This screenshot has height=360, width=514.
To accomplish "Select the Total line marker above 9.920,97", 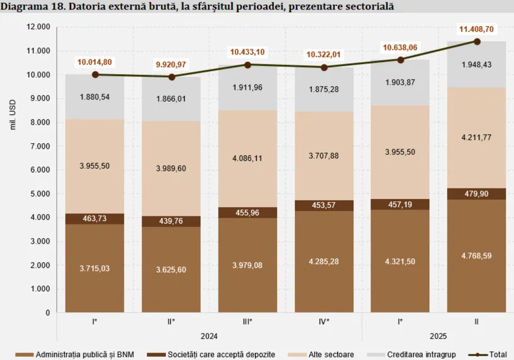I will click(172, 77).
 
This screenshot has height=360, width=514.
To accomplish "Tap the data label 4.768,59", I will click(476, 256).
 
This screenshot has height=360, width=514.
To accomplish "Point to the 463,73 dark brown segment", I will click(95, 219).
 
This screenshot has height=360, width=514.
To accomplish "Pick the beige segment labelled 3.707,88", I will click(324, 156).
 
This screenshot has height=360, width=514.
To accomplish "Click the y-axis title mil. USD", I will click(13, 115).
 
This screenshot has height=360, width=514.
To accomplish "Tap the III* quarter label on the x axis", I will click(247, 322).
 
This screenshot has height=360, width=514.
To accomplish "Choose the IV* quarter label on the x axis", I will click(324, 322).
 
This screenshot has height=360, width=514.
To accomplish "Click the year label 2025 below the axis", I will click(438, 336).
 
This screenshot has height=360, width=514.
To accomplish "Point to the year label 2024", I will click(209, 336).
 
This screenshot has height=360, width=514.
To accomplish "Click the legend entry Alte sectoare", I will click(331, 355).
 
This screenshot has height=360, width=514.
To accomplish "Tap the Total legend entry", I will click(498, 355).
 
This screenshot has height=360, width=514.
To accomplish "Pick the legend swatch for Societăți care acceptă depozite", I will click(155, 355).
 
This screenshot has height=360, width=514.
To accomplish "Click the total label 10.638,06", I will click(400, 48).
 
